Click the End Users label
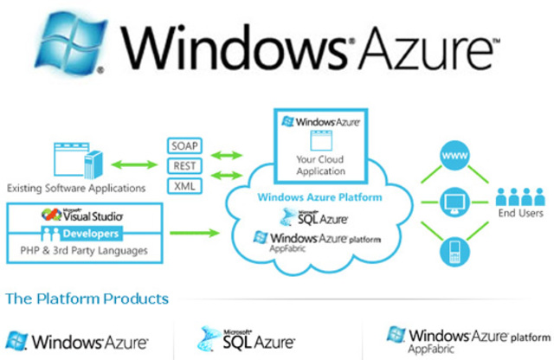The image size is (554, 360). [520, 213]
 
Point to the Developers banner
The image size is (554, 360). [85, 234]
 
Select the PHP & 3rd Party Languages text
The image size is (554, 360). [85, 251]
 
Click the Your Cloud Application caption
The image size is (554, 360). [321, 164]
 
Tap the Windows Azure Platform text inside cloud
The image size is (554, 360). [320, 197]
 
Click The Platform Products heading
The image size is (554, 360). [87, 299]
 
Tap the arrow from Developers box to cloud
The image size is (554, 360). [196, 232]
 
